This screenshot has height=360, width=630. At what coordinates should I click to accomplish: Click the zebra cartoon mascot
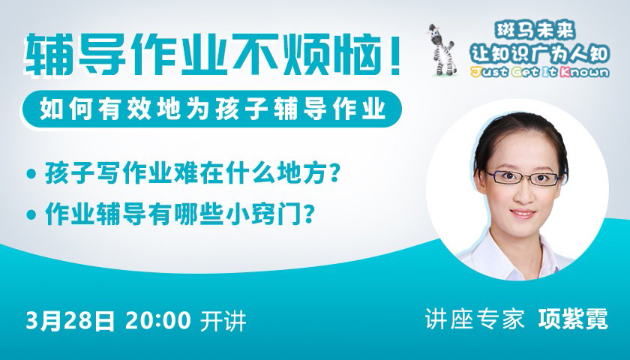tap(442, 49)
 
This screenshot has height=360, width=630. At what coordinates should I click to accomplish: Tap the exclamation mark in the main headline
tap(395, 55)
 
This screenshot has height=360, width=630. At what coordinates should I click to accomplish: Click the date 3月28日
tap(70, 321)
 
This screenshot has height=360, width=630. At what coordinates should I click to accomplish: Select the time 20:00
tap(158, 321)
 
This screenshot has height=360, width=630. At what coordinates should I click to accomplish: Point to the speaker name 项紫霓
tap(573, 319)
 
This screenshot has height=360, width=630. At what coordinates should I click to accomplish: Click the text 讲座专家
tap(475, 319)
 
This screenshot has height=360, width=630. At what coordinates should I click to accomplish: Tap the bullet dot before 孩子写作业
tap(31, 174)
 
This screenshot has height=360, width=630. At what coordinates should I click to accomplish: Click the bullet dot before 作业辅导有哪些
tap(31, 214)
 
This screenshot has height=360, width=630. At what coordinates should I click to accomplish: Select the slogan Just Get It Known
tap(539, 72)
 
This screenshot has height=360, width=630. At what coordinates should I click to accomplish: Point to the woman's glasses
tap(524, 177)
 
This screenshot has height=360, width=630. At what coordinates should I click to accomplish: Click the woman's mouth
tap(523, 213)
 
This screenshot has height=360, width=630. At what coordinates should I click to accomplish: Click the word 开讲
tap(223, 321)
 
